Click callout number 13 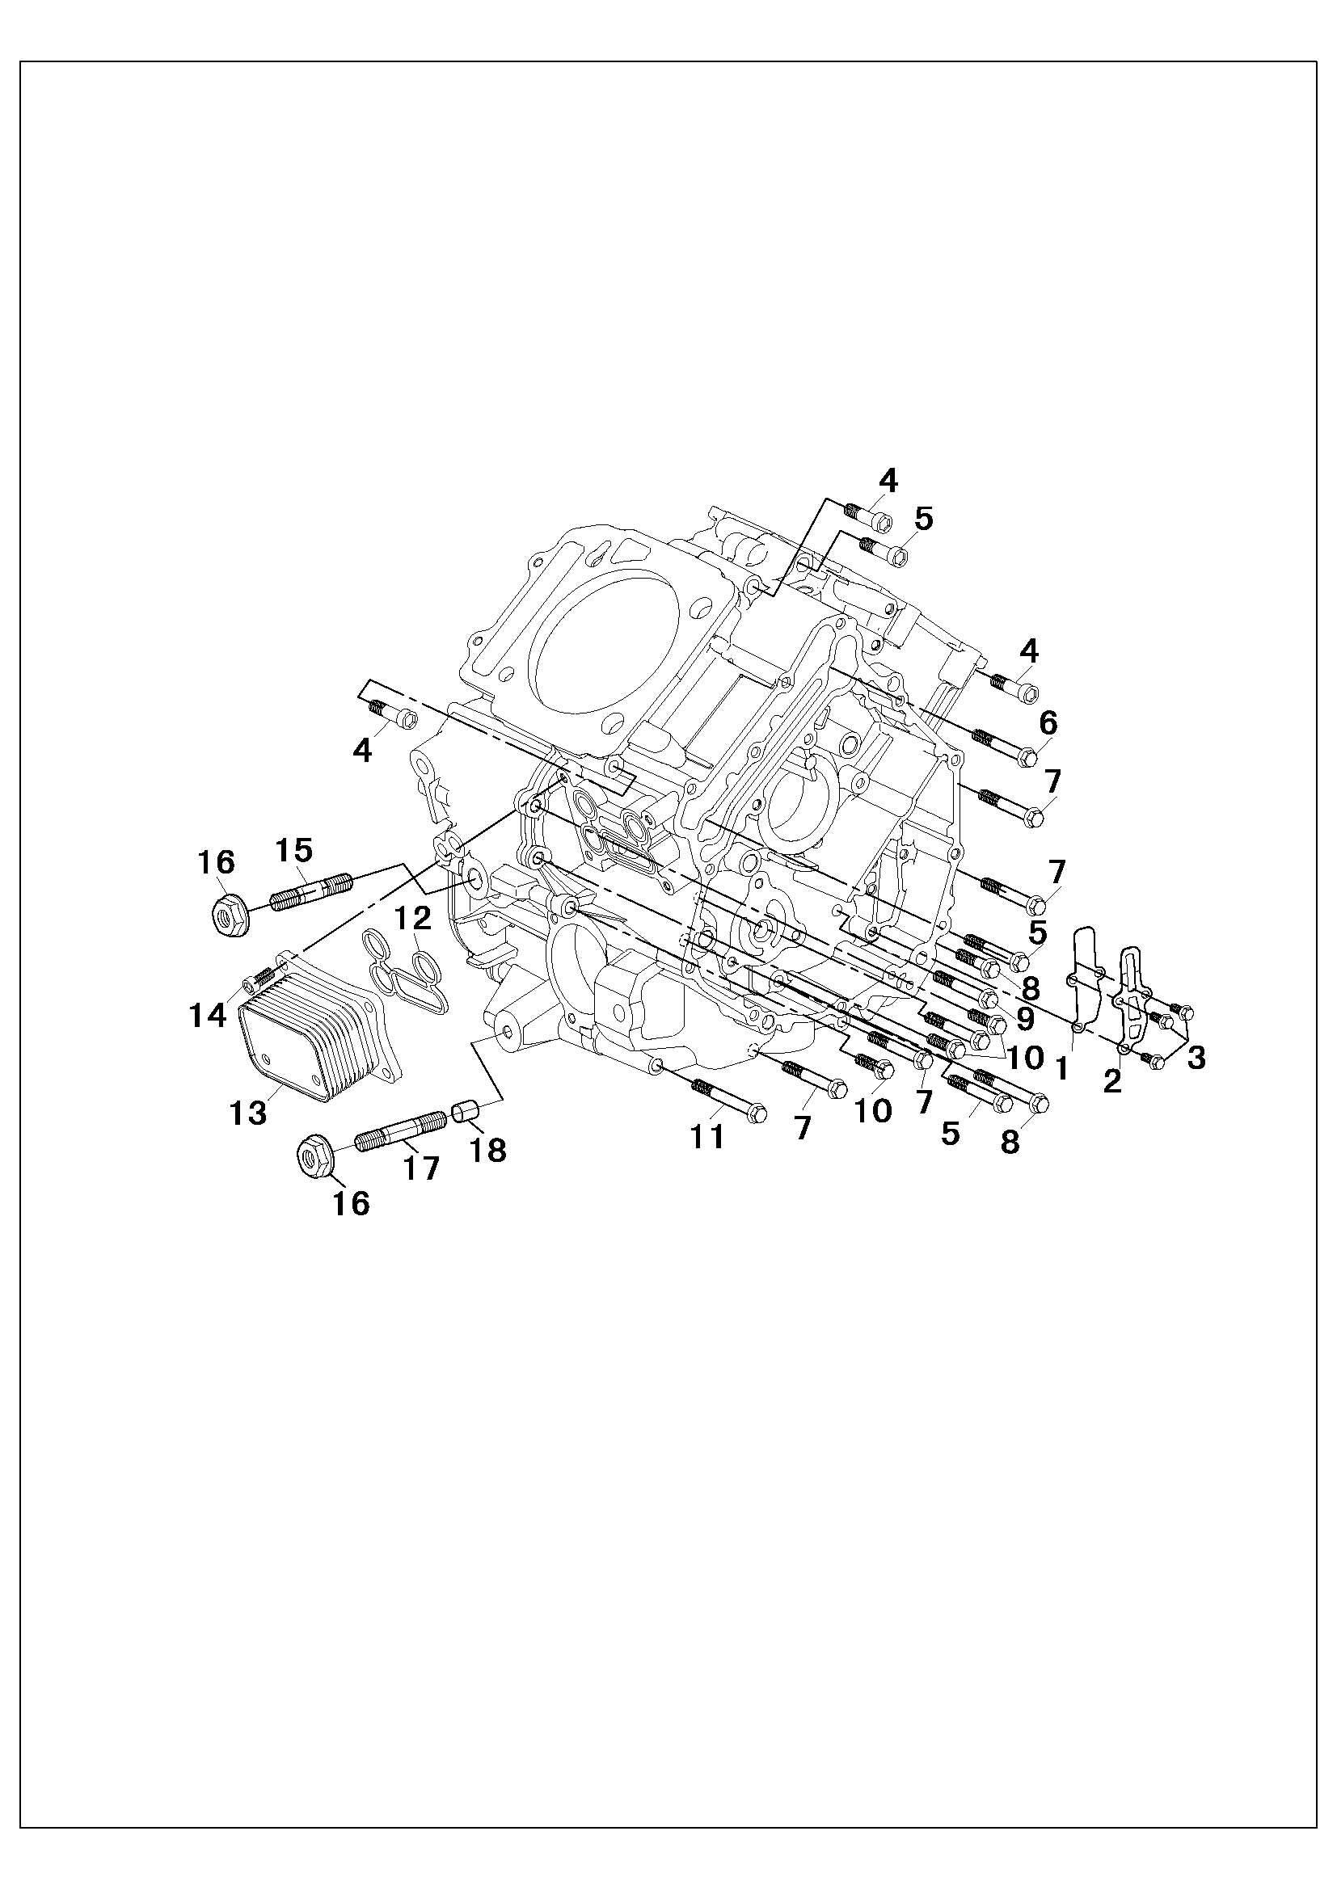click(x=249, y=1112)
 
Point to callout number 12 click(x=411, y=916)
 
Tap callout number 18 click(x=487, y=1149)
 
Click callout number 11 click(x=706, y=1137)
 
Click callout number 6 click(x=1047, y=723)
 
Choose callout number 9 click(x=1025, y=1019)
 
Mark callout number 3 click(x=1196, y=1058)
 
